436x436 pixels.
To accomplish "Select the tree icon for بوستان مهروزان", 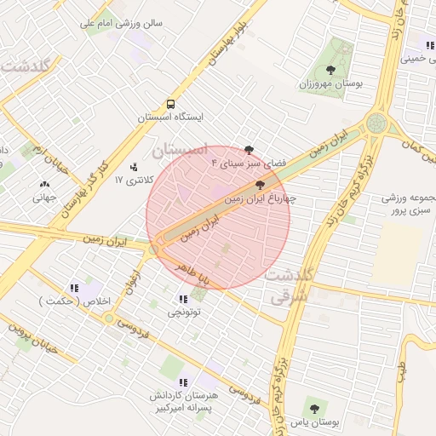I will [330, 71].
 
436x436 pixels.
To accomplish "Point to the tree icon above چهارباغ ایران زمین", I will [260, 184].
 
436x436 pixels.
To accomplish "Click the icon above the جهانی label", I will [43, 183].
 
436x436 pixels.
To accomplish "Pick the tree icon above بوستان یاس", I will [313, 410].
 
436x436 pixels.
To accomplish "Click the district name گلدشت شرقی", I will [290, 286].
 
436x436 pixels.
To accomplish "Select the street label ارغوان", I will [134, 283].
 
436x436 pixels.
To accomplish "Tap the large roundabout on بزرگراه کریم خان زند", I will [377, 127].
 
